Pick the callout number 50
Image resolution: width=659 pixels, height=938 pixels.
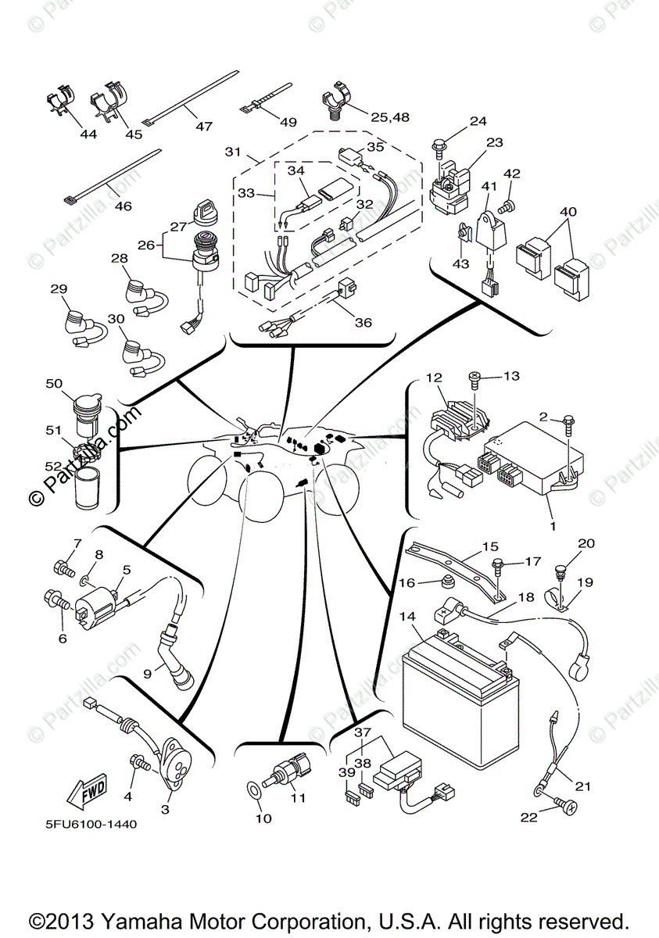(x=54, y=384)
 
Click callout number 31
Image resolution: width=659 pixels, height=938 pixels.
(x=232, y=152)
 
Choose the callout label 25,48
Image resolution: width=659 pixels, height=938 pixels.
(x=390, y=117)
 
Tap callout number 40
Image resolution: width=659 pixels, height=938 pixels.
(x=568, y=212)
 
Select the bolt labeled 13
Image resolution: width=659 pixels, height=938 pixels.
(x=476, y=379)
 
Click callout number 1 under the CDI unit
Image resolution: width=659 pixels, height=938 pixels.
(x=553, y=526)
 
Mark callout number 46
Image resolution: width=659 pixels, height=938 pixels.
(x=124, y=206)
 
